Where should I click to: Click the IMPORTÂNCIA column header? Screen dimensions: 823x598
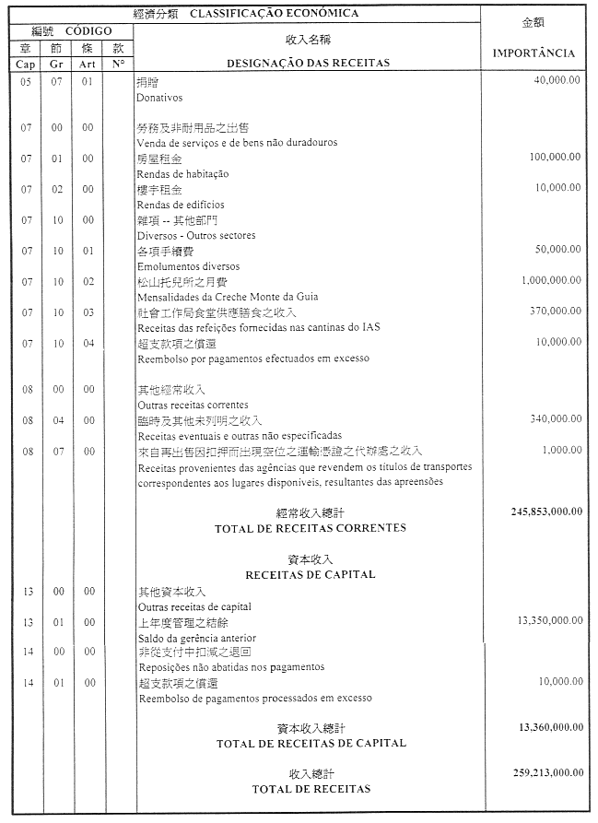click(x=534, y=53)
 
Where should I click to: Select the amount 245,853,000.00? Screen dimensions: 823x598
click(x=545, y=511)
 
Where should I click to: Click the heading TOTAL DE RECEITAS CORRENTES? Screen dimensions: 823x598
click(x=310, y=528)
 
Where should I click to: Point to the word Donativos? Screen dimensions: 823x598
click(x=159, y=97)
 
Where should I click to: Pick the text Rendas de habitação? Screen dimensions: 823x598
click(x=182, y=174)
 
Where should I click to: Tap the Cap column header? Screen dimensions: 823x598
click(x=25, y=64)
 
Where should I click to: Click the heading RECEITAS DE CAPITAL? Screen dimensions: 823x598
click(x=310, y=574)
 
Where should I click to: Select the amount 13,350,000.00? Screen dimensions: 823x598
click(x=549, y=621)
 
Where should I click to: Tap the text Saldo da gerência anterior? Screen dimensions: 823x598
click(x=196, y=638)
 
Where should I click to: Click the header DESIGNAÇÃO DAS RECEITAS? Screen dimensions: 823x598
click(x=308, y=63)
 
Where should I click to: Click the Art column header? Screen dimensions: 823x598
click(x=88, y=64)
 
